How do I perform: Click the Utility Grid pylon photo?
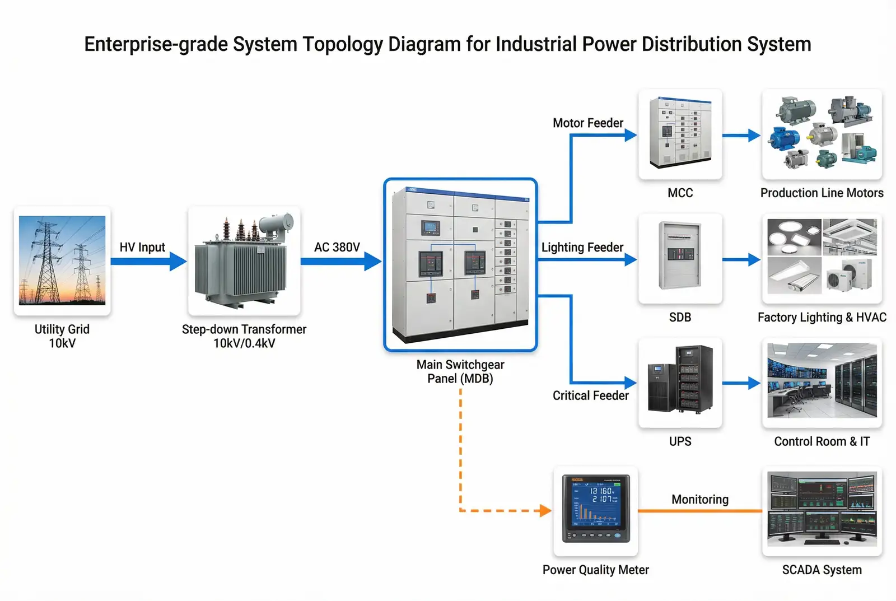tap(62, 260)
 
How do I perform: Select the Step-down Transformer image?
tap(244, 260)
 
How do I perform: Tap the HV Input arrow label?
tap(142, 248)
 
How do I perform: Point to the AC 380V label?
tap(337, 248)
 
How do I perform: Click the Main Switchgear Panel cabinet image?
tap(460, 264)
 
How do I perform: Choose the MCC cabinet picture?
tap(680, 134)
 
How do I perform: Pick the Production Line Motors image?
tap(822, 134)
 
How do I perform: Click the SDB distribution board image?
tap(680, 259)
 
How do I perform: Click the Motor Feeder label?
tap(587, 123)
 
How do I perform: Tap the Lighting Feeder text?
tap(582, 248)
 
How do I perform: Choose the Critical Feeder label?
tap(590, 396)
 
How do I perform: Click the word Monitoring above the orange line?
tap(700, 500)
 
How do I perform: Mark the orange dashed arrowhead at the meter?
tap(545, 510)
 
